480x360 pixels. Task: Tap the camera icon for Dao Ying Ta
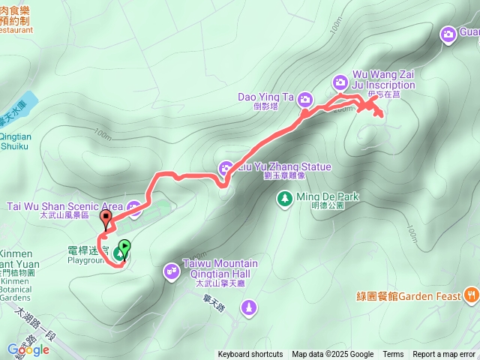[305, 98]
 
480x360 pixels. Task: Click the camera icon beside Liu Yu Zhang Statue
[225, 167]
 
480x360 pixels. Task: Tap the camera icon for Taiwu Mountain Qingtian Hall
[171, 269]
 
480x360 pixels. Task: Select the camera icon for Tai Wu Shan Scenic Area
[134, 207]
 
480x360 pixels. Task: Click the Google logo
[28, 349]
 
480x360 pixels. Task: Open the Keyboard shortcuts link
[250, 355]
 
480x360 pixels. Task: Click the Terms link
[393, 355]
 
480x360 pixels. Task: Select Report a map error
[445, 355]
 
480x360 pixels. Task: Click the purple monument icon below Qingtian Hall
[249, 307]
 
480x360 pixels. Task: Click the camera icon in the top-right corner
[448, 34]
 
